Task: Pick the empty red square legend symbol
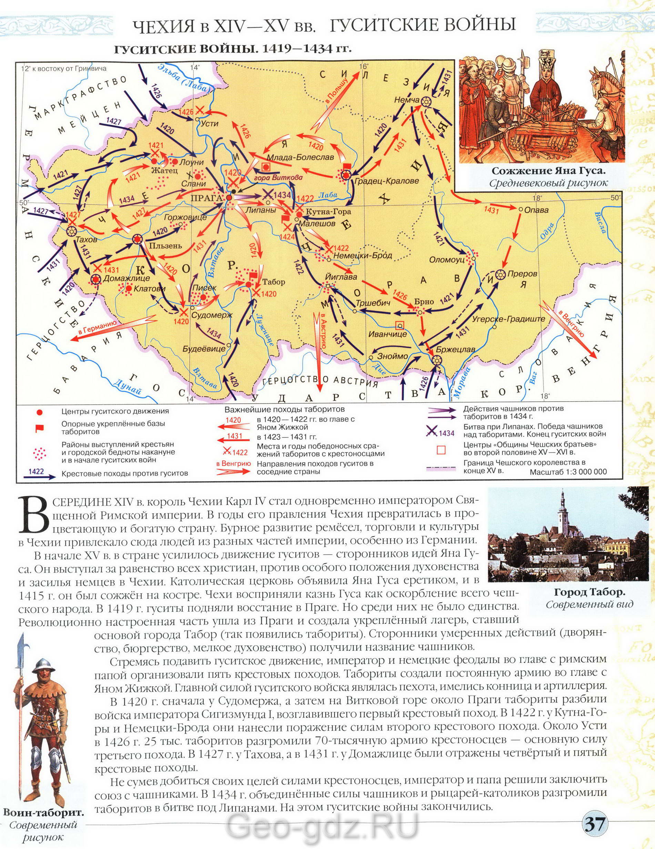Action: click(x=441, y=451)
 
